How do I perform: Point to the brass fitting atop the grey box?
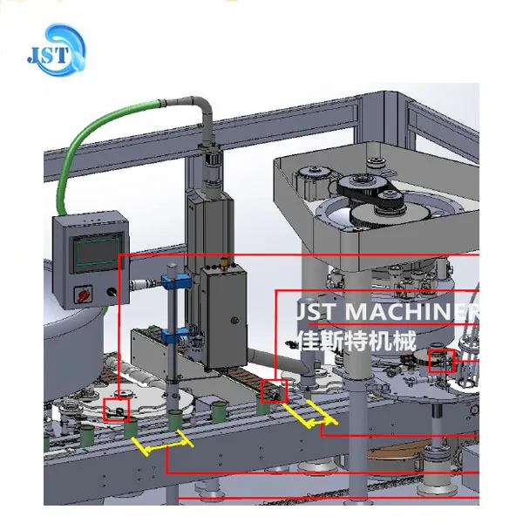(223, 261)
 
